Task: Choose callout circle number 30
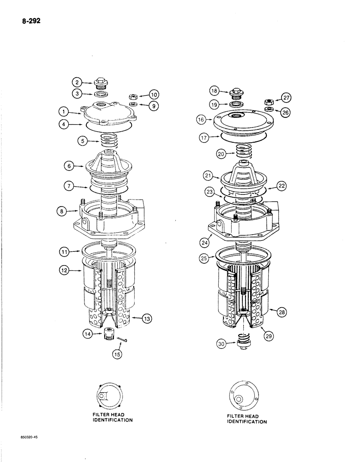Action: pos(222,343)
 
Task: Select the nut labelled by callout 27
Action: pos(267,101)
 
